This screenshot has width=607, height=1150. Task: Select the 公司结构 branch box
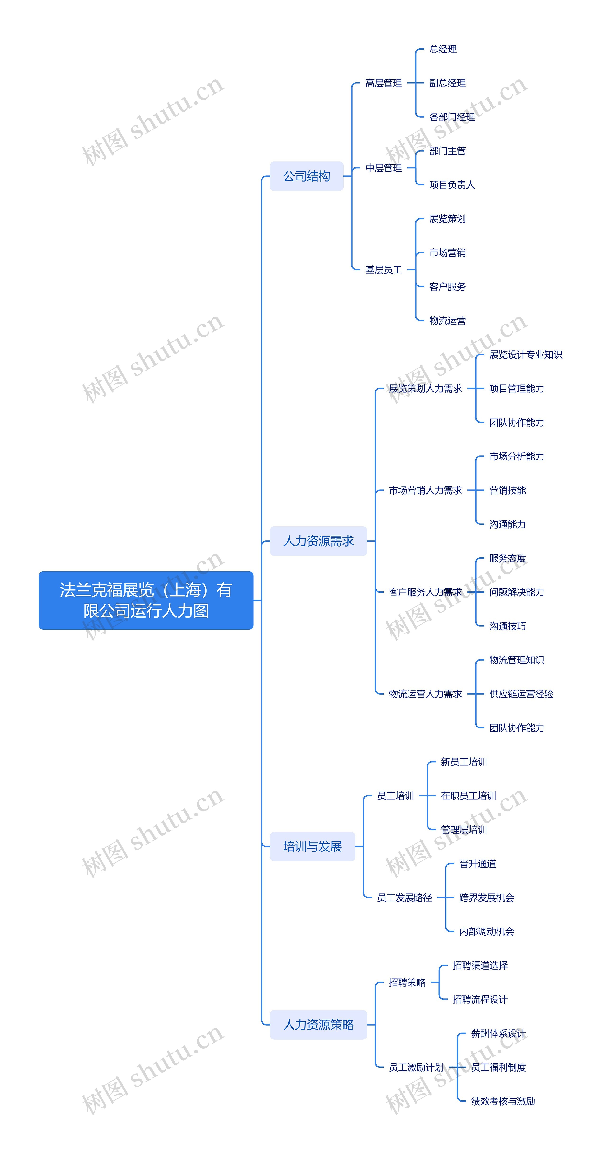(307, 176)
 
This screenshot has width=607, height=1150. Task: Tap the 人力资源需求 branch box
(318, 541)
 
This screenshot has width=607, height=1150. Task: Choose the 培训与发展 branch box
(313, 846)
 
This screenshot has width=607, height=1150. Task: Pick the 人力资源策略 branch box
(318, 1025)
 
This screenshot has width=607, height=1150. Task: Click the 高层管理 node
(383, 83)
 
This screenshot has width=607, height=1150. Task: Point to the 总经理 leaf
(443, 49)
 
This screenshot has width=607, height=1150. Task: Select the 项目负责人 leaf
(452, 185)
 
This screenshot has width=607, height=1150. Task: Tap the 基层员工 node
(383, 270)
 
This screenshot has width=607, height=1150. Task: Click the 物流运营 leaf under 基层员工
(447, 321)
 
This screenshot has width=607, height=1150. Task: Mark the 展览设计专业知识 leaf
(525, 354)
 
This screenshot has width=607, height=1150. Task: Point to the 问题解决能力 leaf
(516, 592)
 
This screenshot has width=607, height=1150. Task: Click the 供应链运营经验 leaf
(521, 694)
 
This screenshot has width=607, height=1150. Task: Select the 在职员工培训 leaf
(468, 796)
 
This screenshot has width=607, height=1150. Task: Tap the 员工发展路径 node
(404, 897)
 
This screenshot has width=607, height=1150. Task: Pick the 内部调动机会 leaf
(487, 931)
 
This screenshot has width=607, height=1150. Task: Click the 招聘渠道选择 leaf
(480, 965)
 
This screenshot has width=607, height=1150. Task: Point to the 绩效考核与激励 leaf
(503, 1101)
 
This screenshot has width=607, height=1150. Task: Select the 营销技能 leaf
(507, 490)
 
